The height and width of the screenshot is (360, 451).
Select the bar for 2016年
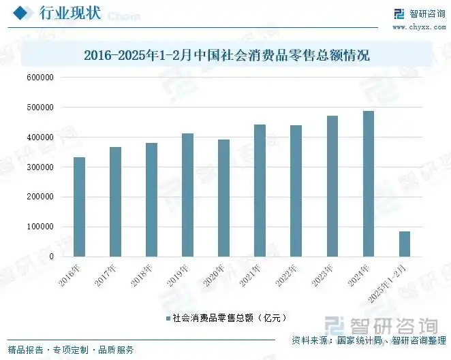click(79, 207)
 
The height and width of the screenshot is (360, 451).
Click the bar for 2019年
click(187, 195)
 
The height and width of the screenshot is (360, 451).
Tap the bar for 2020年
click(223, 198)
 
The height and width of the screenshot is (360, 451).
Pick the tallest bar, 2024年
click(368, 184)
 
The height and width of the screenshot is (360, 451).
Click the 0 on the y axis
click(50, 257)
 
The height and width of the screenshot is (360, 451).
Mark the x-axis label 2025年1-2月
click(393, 280)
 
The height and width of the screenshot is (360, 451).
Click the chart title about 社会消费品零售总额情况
click(226, 54)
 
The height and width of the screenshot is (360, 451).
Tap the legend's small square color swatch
click(167, 318)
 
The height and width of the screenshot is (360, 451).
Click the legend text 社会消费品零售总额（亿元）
click(228, 318)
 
